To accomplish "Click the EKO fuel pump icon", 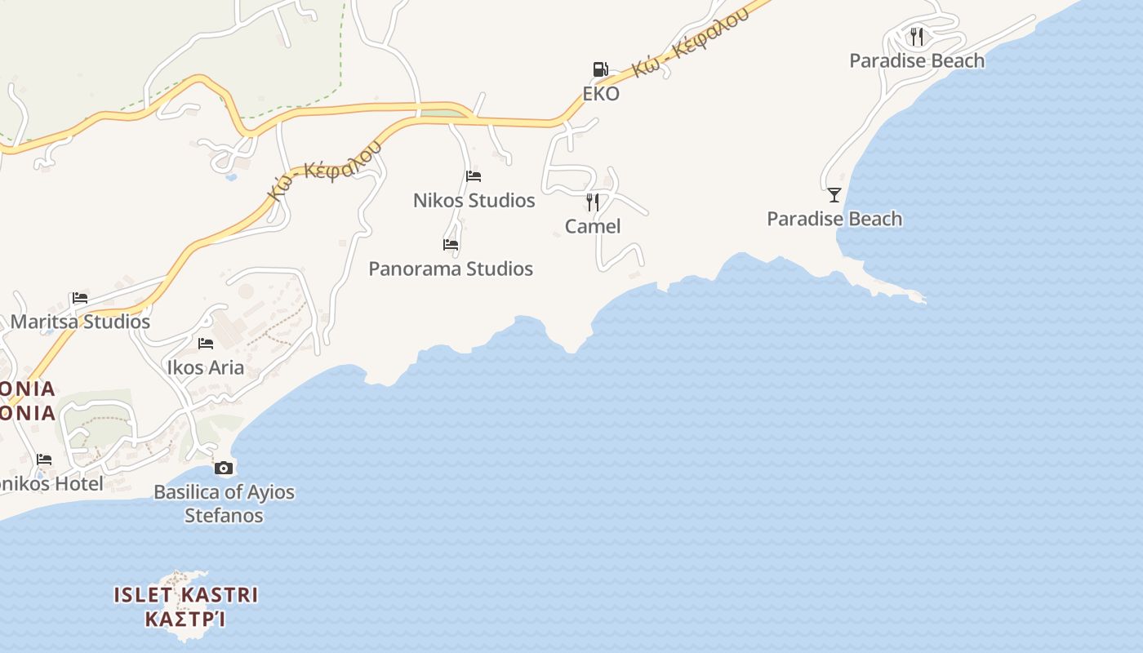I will (x=600, y=69).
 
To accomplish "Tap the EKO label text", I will (x=601, y=93).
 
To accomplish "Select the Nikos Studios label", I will (x=474, y=200).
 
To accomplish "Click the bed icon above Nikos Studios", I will (x=474, y=176).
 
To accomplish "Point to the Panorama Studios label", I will (x=451, y=269).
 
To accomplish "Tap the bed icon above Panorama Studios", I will (x=451, y=245).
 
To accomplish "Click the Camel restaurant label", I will (x=593, y=226).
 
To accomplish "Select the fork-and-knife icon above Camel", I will (x=593, y=202).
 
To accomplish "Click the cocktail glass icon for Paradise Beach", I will (x=834, y=195).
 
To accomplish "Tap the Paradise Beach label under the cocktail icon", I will (x=834, y=219).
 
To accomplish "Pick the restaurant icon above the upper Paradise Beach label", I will (x=917, y=37).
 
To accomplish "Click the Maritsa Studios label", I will (x=80, y=322).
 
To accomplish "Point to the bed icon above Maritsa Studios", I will (x=80, y=298).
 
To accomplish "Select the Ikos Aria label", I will (x=206, y=367).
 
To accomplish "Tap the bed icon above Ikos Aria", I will (x=206, y=344).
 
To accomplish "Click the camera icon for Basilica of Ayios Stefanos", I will (x=224, y=468).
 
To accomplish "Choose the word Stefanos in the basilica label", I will (x=224, y=515).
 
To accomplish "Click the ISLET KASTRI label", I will (x=185, y=595).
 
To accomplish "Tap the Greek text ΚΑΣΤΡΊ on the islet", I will (x=185, y=619).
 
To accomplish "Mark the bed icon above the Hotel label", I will (x=44, y=460).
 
